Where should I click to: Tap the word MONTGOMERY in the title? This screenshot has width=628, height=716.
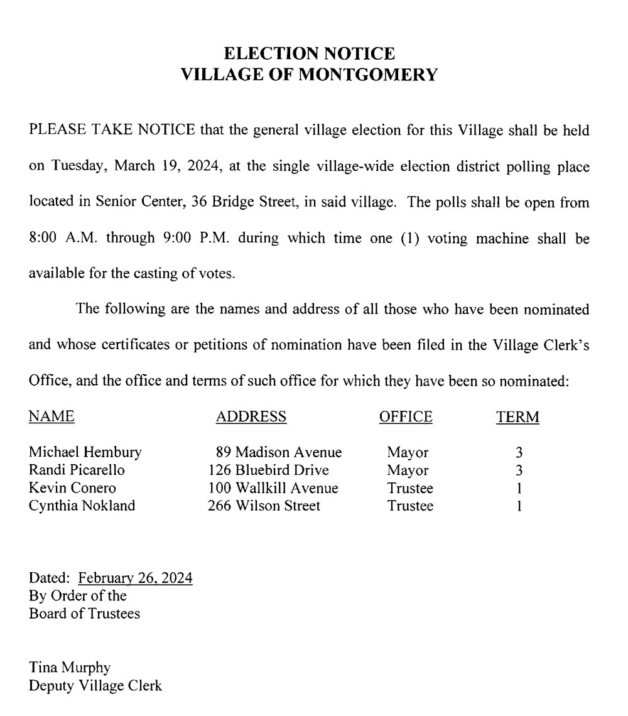click(367, 75)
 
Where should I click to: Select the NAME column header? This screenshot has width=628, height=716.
click(52, 416)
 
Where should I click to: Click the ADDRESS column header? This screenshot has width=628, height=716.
click(251, 416)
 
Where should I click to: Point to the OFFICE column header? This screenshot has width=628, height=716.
click(406, 416)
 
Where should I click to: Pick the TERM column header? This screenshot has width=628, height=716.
click(518, 417)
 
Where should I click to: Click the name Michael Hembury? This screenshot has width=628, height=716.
click(85, 452)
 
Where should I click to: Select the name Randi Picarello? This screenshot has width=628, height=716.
click(77, 470)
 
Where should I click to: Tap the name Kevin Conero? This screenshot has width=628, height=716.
click(72, 488)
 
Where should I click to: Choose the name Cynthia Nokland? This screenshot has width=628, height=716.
click(82, 506)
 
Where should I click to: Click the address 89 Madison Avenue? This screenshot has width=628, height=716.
click(279, 452)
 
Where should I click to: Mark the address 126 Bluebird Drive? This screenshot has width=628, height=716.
click(269, 470)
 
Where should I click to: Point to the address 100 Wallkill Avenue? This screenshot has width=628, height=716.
click(273, 488)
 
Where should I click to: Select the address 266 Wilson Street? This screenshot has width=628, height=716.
click(264, 506)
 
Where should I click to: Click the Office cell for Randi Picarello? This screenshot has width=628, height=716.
click(408, 470)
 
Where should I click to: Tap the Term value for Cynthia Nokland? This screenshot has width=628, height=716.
click(519, 506)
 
